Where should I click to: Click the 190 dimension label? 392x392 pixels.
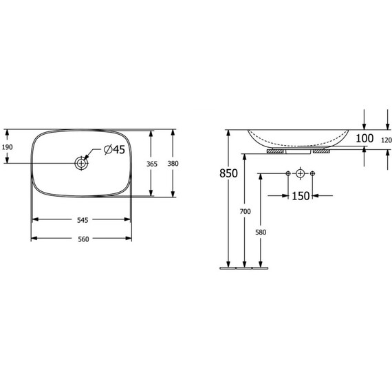tap(8, 147)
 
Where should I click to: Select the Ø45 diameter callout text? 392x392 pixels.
tap(114, 149)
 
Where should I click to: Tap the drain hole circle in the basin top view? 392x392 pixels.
tap(82, 163)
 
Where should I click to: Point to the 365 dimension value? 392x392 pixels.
tap(152, 164)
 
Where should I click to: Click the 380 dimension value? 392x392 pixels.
tap(173, 164)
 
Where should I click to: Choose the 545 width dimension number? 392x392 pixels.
tap(83, 220)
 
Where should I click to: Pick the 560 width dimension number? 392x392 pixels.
tap(83, 239)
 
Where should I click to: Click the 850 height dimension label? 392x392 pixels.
tap(228, 173)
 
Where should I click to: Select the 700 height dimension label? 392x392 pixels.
tap(246, 212)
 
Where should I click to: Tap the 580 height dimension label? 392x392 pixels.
tap(261, 232)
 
